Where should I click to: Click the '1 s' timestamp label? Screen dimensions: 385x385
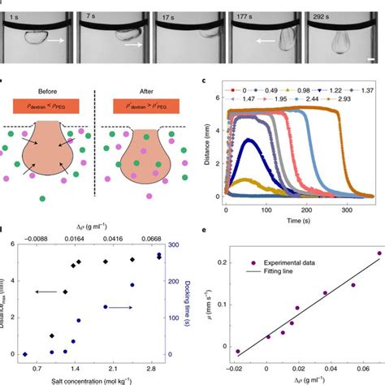19,15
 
